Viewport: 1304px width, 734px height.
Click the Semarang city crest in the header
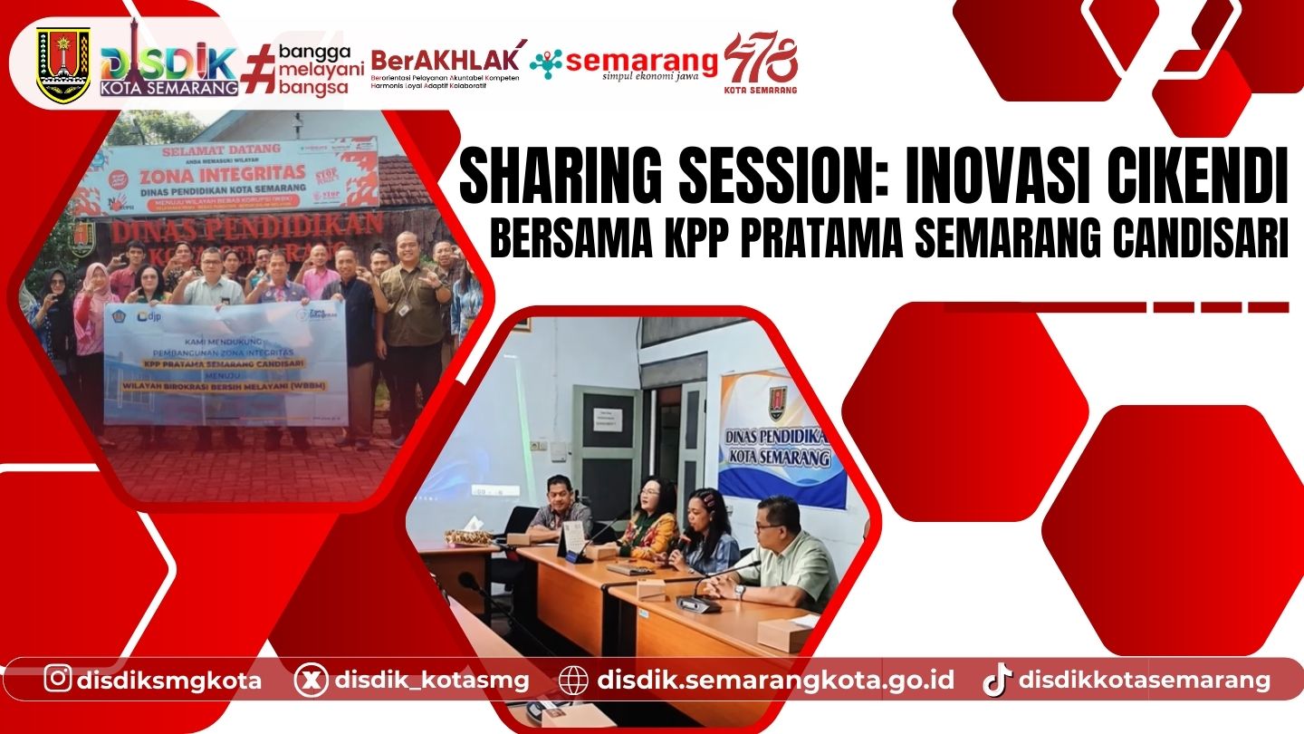[63, 63]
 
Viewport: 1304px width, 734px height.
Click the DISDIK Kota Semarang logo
[169, 67]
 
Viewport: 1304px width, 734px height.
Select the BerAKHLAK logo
[446, 64]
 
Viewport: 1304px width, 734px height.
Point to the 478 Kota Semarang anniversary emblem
[761, 63]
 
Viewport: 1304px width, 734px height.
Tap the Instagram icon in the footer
[58, 679]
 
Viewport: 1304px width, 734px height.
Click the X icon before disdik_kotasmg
[311, 680]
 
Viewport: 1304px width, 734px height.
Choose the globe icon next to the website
[574, 680]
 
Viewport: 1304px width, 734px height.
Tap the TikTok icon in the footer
[996, 680]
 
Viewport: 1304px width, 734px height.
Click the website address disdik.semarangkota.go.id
[775, 680]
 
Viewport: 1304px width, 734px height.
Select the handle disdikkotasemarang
[1145, 680]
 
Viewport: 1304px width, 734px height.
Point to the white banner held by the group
[225, 362]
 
